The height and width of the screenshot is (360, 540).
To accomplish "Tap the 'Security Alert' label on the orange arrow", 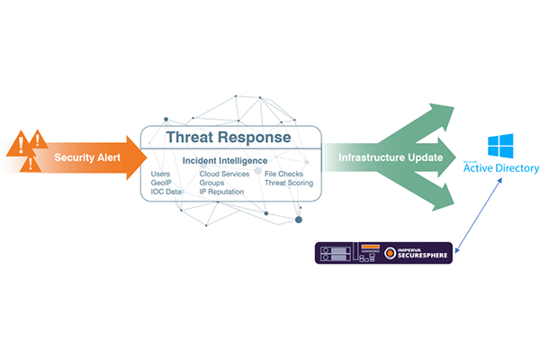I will pos(87,158).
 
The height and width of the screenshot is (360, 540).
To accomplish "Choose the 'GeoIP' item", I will pos(163,182).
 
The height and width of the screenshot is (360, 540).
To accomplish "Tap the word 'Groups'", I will pos(212,182).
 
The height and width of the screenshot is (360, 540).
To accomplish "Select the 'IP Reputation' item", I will pos(221,191).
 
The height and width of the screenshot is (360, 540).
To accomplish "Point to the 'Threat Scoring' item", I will pos(288,182).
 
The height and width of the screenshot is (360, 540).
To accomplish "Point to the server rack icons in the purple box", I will pos(334,252).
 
